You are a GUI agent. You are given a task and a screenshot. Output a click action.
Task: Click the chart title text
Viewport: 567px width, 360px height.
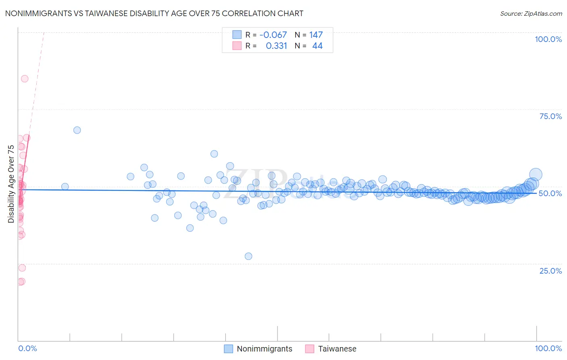click(x=154, y=13)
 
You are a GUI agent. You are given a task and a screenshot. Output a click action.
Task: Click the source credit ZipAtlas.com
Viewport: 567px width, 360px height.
click(x=531, y=14)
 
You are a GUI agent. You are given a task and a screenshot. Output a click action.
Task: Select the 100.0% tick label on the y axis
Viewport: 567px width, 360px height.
click(x=548, y=39)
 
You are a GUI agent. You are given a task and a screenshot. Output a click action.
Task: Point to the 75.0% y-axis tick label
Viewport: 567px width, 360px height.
click(x=550, y=116)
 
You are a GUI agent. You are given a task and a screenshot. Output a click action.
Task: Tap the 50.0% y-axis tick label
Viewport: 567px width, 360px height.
click(x=550, y=193)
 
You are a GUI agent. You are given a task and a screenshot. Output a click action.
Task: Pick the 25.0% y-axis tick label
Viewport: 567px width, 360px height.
click(x=550, y=271)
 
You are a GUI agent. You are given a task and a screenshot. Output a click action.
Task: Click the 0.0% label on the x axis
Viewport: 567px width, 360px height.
click(x=27, y=348)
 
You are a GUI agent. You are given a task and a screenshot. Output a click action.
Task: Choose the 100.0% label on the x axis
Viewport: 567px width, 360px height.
click(x=548, y=348)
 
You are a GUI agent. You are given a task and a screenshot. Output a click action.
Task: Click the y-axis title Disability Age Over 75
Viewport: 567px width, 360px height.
click(x=11, y=184)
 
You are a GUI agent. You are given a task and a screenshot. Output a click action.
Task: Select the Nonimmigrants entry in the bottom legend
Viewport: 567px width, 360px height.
click(x=264, y=349)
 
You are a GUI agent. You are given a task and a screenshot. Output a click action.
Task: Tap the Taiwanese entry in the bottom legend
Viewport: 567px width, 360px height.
click(x=337, y=349)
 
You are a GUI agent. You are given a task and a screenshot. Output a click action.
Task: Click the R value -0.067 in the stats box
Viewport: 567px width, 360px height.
click(x=273, y=35)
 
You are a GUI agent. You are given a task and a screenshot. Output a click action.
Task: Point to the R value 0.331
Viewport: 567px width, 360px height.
click(x=276, y=46)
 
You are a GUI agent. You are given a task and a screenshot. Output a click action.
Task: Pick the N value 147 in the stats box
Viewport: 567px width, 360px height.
click(x=316, y=35)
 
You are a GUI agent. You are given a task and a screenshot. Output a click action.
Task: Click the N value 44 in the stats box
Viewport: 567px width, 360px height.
click(x=317, y=46)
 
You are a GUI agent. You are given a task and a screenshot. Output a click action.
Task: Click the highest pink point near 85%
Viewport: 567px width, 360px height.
click(x=25, y=79)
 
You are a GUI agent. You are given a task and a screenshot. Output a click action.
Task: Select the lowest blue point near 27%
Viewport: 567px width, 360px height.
click(x=248, y=256)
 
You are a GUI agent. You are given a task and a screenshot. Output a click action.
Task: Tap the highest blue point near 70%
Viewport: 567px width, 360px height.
click(x=77, y=130)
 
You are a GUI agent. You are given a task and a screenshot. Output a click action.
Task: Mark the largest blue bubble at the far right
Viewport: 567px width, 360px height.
click(x=535, y=175)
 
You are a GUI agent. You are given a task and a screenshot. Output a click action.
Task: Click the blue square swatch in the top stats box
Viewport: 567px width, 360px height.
click(x=237, y=35)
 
